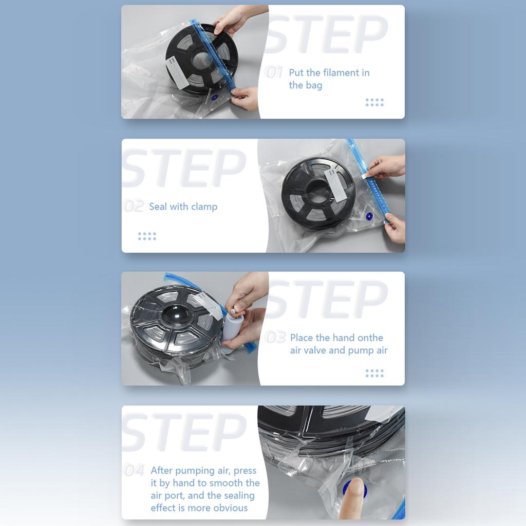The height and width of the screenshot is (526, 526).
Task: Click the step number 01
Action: coord(274,72)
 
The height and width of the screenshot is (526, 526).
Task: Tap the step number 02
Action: coord(134,206)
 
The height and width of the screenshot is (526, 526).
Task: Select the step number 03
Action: coord(275,337)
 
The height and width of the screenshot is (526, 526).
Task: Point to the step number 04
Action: coord(135,471)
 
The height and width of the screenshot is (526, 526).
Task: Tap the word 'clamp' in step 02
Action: coord(204,207)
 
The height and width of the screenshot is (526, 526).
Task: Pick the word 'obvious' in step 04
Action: coord(231,508)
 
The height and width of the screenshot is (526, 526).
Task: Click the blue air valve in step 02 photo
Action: coord(369,216)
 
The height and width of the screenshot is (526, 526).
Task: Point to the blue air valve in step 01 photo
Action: coord(215,97)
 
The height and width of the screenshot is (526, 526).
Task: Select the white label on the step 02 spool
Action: coord(336,184)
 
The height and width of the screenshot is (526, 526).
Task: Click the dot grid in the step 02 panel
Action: coord(147,236)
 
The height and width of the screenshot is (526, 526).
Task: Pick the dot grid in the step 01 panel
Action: coord(374,102)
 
